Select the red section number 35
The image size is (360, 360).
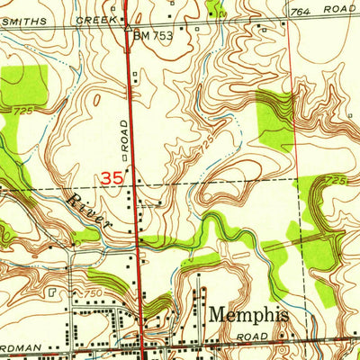point(112,178)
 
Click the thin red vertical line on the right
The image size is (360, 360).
point(294,135)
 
